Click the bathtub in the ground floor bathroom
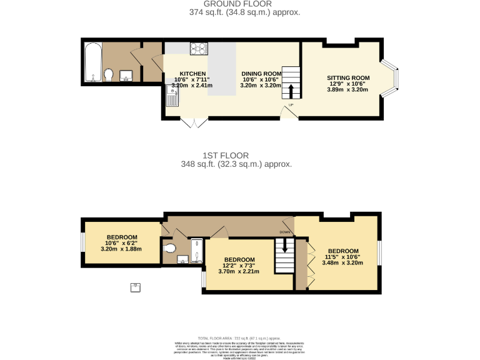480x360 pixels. (92, 62)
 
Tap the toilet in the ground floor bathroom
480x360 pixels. (108, 76)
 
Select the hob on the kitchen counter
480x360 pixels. (199, 47)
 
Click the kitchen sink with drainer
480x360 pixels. (172, 95)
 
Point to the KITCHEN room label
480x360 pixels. (184, 73)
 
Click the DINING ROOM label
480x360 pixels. (261, 73)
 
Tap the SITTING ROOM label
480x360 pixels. (348, 78)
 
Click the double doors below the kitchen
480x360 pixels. (194, 122)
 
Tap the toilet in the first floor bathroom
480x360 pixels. (169, 249)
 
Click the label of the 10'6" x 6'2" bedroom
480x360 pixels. (121, 237)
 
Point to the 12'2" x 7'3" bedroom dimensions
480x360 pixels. (240, 271)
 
